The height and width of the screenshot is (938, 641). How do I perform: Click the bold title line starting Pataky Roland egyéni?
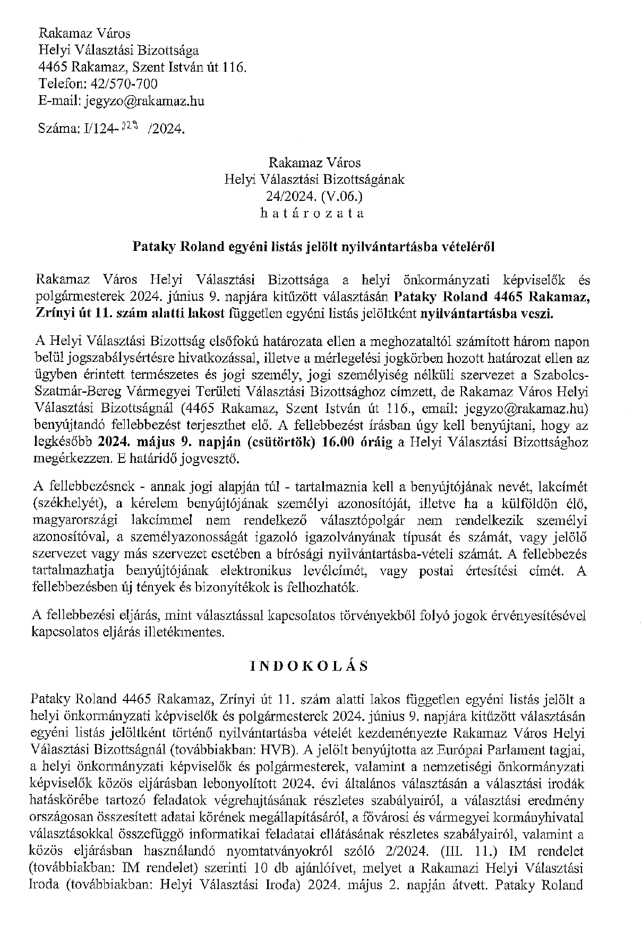313,247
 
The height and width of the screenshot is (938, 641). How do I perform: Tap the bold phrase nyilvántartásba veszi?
487,314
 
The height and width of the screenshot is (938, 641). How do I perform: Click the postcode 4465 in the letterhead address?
54,67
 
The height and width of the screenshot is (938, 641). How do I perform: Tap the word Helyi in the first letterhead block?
52,50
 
